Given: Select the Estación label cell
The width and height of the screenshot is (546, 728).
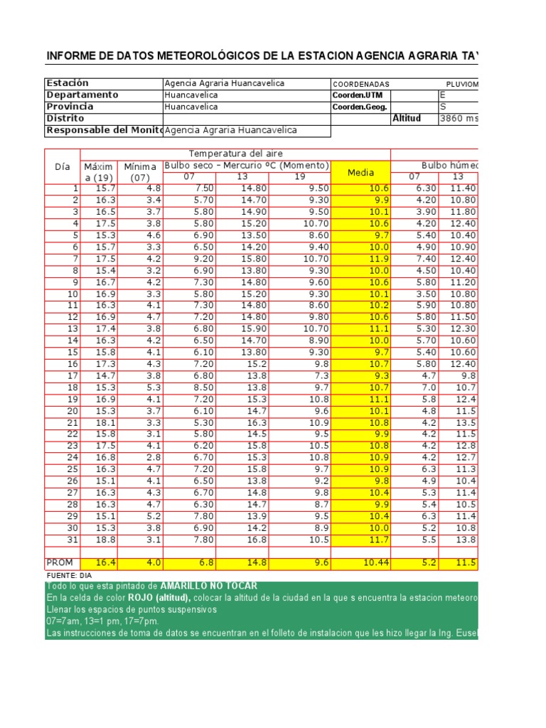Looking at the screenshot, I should click(68, 83).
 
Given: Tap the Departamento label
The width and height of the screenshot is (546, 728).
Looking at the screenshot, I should click(82, 95).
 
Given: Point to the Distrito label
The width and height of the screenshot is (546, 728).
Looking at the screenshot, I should click(65, 119).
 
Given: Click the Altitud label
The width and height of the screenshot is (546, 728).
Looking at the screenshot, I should click(407, 119).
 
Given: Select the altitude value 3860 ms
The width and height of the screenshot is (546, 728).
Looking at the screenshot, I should click(459, 119).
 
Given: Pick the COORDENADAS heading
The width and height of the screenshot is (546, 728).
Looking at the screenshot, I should click(361, 84).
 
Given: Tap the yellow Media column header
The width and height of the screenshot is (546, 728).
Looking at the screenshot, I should click(361, 172).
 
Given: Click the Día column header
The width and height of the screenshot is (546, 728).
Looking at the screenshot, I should click(63, 166).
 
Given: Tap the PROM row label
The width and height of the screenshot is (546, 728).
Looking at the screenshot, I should click(60, 562).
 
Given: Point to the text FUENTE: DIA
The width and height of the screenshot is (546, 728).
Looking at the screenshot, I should click(70, 574).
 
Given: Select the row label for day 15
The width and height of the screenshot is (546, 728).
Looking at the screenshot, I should click(73, 352).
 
